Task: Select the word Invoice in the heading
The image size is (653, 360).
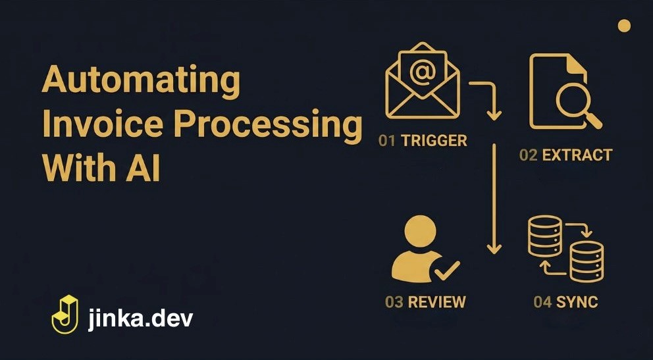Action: (102, 124)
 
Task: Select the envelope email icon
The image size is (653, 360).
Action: (423, 81)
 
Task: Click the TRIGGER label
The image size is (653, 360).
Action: (434, 141)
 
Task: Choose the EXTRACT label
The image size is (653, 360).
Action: (577, 155)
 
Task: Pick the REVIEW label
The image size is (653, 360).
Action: (437, 301)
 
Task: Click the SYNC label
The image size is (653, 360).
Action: (577, 301)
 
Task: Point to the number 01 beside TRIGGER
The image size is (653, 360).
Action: (387, 141)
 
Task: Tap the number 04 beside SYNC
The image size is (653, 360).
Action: (542, 301)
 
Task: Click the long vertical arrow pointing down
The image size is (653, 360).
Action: (494, 199)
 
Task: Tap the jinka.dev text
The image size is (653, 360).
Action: (141, 319)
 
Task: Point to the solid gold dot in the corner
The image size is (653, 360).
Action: (624, 26)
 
